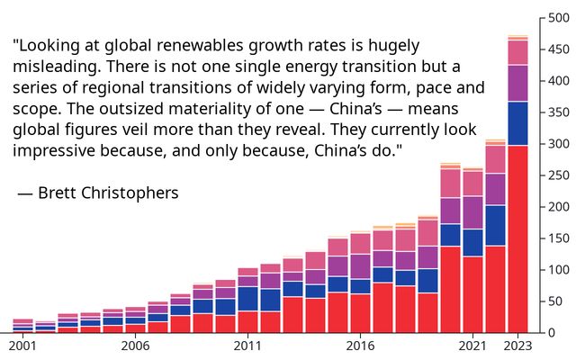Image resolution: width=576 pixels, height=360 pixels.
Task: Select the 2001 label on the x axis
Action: pos(22,346)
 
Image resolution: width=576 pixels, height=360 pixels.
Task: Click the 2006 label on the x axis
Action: pos(135,346)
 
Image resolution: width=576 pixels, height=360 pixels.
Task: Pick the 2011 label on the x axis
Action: pos(247,346)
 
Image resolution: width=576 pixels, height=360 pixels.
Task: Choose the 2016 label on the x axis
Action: pos(360,346)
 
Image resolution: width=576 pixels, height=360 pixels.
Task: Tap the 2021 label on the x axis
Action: pos(472,346)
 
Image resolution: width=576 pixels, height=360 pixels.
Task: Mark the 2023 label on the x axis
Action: pos(517,346)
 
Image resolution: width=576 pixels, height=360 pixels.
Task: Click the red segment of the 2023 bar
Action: pos(517,238)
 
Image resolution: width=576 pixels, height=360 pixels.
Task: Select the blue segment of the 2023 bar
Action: pos(517,123)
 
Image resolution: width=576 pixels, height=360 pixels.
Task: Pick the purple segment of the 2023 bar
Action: pos(517,83)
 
